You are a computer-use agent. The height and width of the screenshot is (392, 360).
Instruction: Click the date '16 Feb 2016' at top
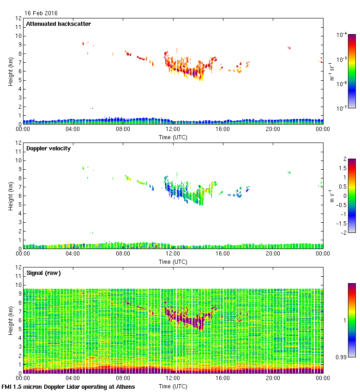41,13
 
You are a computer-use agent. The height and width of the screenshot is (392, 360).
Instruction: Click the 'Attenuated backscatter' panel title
59,24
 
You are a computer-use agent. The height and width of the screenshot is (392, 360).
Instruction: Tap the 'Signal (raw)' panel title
43,273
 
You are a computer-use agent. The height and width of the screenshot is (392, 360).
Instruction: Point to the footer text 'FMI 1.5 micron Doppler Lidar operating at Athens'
69,386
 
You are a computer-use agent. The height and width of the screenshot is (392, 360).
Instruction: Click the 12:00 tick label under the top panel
173,129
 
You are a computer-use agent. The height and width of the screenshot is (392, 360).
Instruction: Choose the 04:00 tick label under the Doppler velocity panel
73,254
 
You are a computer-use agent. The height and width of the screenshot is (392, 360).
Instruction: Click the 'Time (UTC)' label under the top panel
173,137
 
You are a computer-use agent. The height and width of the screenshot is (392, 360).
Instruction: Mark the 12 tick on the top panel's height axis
18,18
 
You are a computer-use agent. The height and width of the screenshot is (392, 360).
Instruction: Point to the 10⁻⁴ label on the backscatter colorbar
342,35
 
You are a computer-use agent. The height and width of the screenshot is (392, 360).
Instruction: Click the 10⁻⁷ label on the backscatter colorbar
342,108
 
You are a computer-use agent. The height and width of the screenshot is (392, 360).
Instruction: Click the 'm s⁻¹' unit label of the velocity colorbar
331,196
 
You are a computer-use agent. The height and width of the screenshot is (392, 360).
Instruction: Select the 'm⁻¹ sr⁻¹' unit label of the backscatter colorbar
331,71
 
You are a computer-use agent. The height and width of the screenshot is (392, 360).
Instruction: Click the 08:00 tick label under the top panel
123,129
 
